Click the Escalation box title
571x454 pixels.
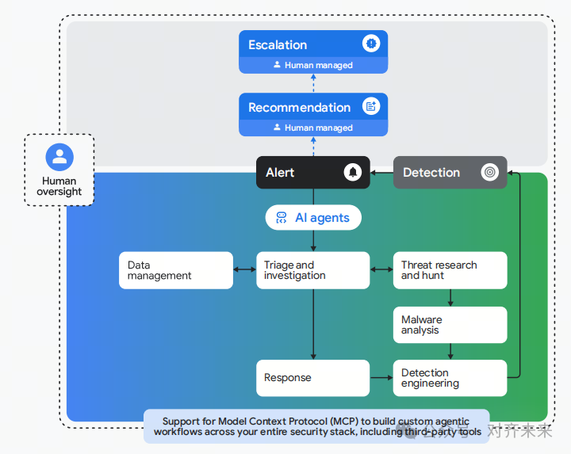pos(278,44)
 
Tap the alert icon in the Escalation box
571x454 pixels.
pos(371,44)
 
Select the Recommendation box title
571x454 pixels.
pos(299,107)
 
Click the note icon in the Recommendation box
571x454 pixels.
pos(371,106)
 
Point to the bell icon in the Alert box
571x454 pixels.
pos(353,172)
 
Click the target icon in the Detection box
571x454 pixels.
pos(490,172)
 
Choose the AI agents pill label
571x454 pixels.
pos(322,218)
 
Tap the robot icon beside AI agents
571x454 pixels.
pos(281,218)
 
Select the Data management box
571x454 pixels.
pos(176,270)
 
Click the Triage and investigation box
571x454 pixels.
pos(313,270)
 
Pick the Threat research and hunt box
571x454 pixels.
pos(450,270)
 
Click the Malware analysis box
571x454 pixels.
pos(450,325)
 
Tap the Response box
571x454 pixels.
pos(313,378)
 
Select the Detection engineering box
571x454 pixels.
pos(450,378)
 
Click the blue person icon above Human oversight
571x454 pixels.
pos(59,157)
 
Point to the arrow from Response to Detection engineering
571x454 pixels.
pos(381,378)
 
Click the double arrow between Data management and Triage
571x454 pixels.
pos(245,269)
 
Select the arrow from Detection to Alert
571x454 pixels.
pos(381,173)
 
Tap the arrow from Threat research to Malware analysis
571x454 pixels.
pos(450,298)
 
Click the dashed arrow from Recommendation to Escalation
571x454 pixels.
pos(313,83)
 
